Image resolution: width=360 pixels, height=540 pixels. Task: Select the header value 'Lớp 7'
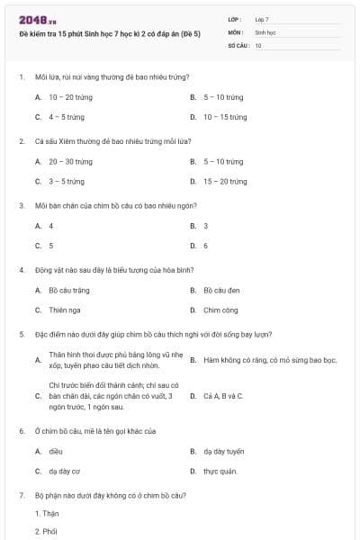tap(262, 19)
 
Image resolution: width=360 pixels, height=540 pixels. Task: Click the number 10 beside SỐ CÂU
tap(258, 44)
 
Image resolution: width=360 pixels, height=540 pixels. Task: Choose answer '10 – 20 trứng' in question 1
tap(70, 97)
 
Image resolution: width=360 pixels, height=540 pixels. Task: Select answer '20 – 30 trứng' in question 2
tap(70, 162)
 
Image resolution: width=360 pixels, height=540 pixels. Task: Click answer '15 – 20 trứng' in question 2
tap(225, 182)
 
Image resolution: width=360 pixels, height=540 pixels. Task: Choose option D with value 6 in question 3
tap(205, 246)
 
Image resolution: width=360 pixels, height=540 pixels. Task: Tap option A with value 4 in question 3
tap(50, 226)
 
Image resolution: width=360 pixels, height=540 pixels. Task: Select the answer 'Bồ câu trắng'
tap(69, 291)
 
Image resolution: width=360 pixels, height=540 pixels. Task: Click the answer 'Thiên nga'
tap(65, 310)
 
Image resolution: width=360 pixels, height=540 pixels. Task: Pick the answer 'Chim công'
tap(220, 310)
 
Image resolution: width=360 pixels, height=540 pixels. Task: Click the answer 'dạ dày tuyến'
tap(223, 451)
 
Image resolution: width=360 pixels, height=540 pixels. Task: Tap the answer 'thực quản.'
tap(220, 471)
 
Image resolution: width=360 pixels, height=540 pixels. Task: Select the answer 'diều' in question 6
tap(56, 451)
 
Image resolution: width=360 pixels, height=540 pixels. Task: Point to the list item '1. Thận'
tap(47, 514)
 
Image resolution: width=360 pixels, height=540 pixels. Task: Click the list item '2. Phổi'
tap(47, 532)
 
